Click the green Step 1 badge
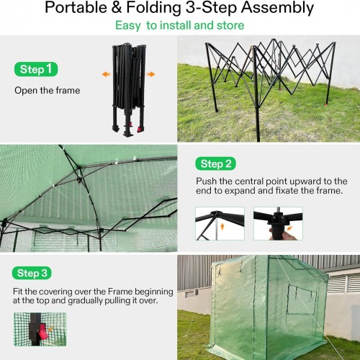(36, 69)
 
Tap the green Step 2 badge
(215, 163)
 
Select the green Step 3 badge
(32, 273)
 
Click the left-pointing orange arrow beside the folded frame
(106, 74)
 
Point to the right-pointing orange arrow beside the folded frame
(150, 74)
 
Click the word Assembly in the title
(277, 8)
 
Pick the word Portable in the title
(76, 7)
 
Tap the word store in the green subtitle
(230, 25)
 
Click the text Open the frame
(48, 91)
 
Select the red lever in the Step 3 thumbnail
(42, 331)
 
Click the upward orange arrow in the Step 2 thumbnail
(222, 226)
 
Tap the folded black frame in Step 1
(129, 89)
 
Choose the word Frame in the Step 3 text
(120, 292)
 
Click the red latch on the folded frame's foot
(140, 130)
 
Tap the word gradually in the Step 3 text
(86, 301)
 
